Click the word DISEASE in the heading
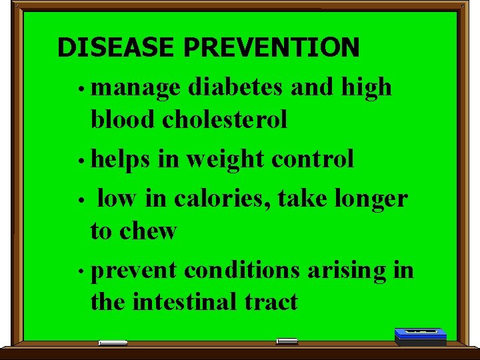(117, 48)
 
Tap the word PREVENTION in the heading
(271, 48)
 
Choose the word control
(313, 159)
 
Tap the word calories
(223, 198)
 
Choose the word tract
(270, 302)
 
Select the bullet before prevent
(79, 272)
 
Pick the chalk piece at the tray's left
(113, 343)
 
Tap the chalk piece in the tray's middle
(287, 341)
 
